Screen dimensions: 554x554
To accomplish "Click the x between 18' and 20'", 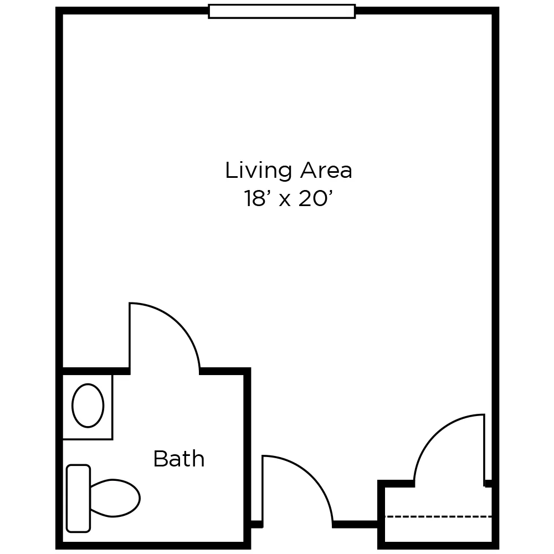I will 285,200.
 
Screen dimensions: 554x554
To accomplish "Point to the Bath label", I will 178,459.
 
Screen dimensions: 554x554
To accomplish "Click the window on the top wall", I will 281,11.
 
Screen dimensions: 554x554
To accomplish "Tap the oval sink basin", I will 88,406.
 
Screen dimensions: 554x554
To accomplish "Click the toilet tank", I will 78,498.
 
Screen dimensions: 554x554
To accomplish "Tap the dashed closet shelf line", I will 438,516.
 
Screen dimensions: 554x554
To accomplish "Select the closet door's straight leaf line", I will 485,449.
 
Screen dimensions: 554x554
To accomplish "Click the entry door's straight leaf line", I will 263,488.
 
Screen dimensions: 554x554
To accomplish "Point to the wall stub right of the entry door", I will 355,524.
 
